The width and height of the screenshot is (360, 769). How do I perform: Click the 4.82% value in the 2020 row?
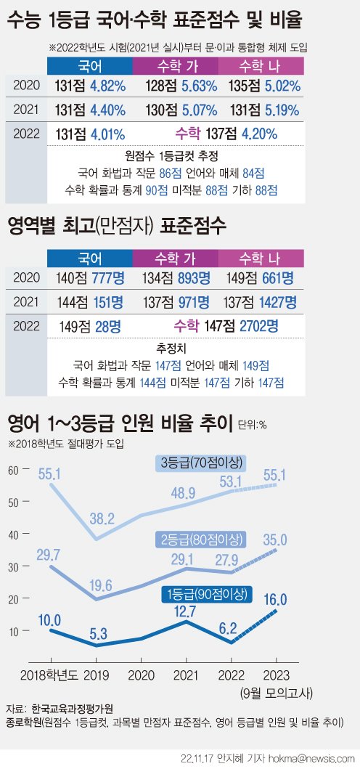click(x=109, y=84)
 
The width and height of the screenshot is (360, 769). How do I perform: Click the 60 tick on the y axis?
click(x=13, y=470)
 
